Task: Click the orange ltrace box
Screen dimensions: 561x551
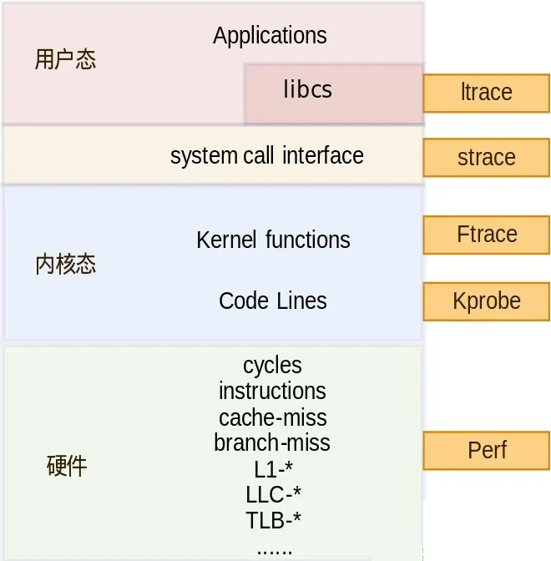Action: click(486, 93)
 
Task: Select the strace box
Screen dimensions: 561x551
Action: click(486, 158)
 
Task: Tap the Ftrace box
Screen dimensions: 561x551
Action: click(486, 235)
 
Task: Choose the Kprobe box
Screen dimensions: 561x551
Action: click(486, 301)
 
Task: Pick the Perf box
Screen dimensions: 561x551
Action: click(486, 450)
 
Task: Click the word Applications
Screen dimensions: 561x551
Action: click(270, 36)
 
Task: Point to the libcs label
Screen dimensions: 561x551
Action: click(307, 89)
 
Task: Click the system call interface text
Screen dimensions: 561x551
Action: click(266, 156)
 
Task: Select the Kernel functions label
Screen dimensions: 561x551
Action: click(273, 240)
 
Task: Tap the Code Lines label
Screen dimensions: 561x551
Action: click(272, 301)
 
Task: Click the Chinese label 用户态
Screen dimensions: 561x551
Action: click(65, 60)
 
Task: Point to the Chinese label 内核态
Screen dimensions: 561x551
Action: click(65, 265)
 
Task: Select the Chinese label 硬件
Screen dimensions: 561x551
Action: click(66, 466)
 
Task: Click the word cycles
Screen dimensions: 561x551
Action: click(272, 366)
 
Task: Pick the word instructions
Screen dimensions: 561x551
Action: click(272, 391)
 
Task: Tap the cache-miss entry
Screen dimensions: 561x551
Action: click(272, 417)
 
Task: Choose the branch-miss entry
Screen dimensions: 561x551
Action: click(272, 442)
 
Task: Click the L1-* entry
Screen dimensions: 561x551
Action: click(272, 468)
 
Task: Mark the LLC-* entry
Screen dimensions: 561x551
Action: click(272, 494)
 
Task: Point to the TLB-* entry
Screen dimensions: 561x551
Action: click(272, 521)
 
